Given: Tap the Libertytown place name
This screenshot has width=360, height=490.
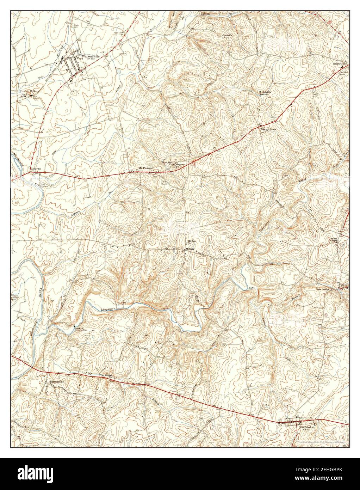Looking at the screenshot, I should click(340, 64).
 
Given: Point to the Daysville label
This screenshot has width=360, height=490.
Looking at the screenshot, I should click(228, 35).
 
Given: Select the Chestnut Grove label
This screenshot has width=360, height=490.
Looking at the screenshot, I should click(268, 129).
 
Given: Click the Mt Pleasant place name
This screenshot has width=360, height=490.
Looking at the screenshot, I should click(146, 169).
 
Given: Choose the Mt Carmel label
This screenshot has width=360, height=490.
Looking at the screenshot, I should click(106, 376).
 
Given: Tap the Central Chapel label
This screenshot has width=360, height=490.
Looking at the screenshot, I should click(334, 239).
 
